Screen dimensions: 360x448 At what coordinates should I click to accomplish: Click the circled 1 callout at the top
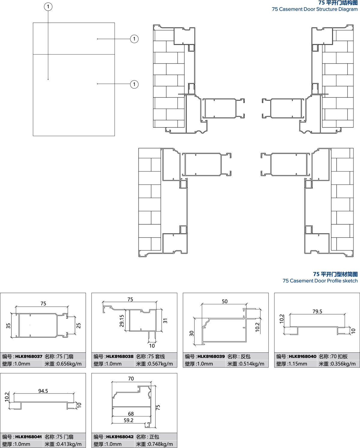tap(48, 7)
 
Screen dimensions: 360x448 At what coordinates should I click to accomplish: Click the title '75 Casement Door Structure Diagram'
tap(315, 9)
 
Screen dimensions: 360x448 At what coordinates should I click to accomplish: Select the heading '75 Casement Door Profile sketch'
tap(320, 281)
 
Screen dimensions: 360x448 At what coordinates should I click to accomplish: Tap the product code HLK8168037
tap(29, 357)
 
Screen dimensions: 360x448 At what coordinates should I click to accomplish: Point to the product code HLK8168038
tap(120, 357)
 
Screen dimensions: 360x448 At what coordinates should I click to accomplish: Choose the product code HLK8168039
tap(211, 357)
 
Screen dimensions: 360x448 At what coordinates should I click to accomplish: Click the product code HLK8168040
tap(302, 357)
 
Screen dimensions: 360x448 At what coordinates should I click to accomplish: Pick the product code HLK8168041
tap(28, 437)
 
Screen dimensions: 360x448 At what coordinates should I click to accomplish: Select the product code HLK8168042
tap(120, 437)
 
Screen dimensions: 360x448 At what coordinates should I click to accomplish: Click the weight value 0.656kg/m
tap(69, 364)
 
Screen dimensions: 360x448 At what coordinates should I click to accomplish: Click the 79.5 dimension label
tap(317, 312)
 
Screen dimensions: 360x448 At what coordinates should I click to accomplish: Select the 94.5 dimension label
tap(43, 391)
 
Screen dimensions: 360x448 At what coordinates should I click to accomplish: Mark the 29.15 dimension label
tap(122, 321)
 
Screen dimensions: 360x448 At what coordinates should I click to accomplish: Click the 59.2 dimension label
tap(128, 420)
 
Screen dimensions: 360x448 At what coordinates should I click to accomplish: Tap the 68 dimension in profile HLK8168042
tap(131, 414)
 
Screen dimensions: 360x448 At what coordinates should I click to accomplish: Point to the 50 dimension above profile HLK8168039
tap(225, 301)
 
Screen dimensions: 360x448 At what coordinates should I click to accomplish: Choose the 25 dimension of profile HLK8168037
tap(79, 326)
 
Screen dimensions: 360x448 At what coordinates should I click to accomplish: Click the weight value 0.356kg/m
tap(343, 364)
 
